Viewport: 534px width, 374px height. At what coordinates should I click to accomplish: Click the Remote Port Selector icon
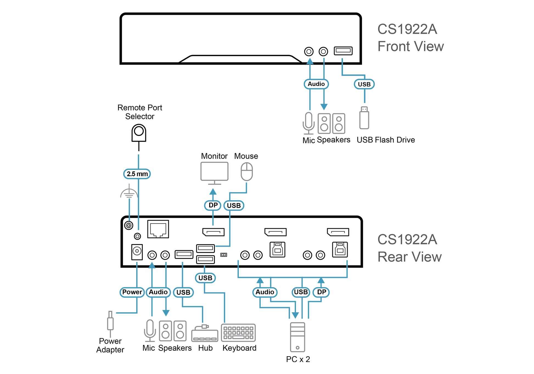coord(139,133)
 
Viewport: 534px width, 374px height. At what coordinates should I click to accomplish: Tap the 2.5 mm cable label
coord(137,174)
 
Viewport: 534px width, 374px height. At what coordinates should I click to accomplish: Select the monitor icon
coord(214,173)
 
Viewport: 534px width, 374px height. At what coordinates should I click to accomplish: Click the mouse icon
coord(247,172)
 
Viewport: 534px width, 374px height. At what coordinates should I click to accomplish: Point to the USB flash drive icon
coord(364,118)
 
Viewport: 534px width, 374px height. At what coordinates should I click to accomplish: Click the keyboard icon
coord(238,333)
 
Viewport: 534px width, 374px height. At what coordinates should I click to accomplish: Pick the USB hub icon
coord(205,333)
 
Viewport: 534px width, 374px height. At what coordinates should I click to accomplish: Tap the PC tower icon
coord(297,337)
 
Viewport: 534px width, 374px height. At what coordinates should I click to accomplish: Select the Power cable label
coord(132,292)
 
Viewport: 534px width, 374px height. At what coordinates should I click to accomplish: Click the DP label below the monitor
coord(213,205)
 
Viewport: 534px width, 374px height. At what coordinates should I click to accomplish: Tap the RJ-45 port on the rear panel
coord(158,229)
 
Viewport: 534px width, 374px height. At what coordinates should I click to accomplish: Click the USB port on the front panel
coord(343,51)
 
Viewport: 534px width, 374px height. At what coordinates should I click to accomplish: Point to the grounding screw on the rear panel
coord(129,225)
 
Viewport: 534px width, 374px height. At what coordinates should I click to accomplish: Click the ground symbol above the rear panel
coord(129,192)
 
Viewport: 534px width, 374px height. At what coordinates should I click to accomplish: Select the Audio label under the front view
coord(316,84)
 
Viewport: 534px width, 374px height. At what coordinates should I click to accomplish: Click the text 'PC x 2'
coord(298,359)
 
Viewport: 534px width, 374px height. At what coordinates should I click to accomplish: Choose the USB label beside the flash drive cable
coord(364,84)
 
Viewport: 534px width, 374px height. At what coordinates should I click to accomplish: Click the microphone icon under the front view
coord(309,123)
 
